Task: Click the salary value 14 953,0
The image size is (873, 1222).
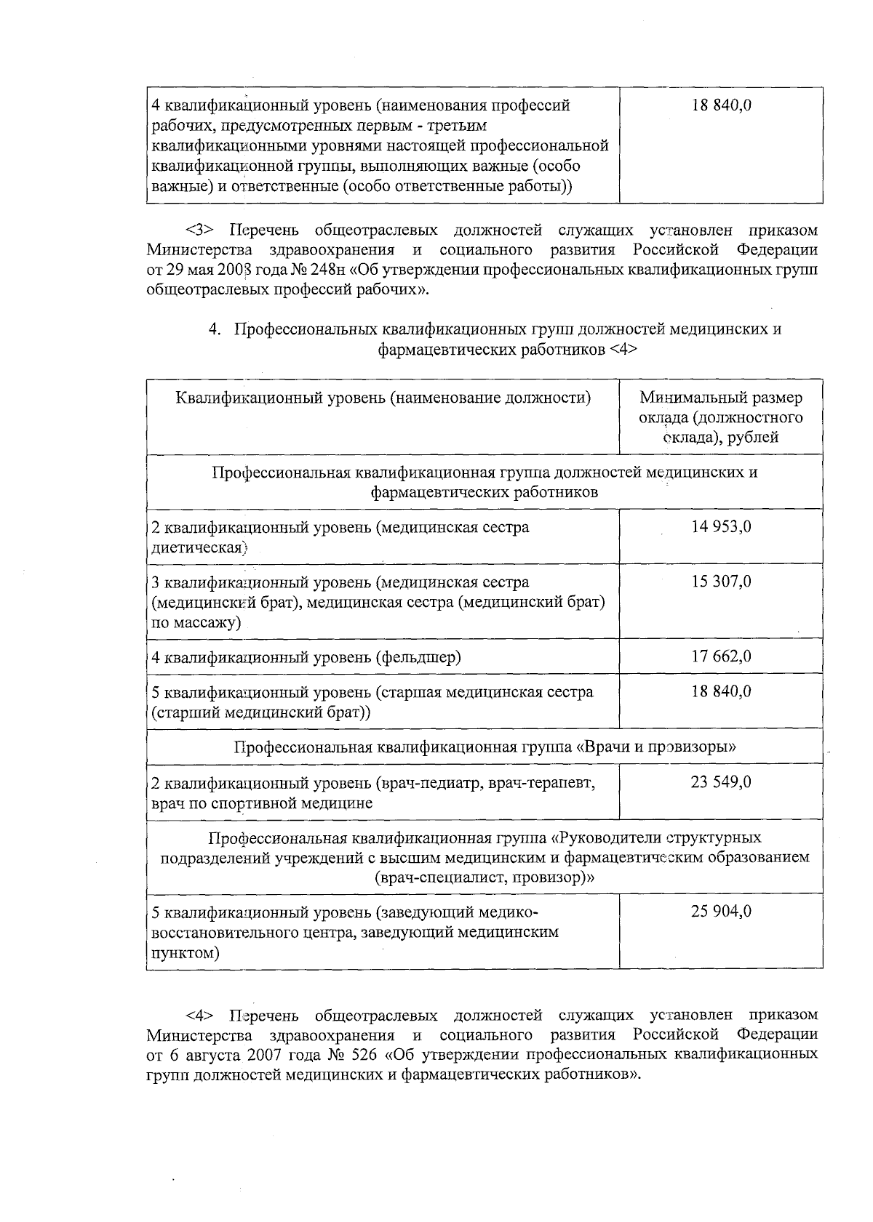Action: click(x=721, y=526)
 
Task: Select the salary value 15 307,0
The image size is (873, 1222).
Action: click(x=721, y=582)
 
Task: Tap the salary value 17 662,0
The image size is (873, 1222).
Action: click(x=721, y=656)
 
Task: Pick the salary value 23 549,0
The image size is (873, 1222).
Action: click(x=721, y=782)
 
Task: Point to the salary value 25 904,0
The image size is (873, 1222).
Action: click(x=721, y=911)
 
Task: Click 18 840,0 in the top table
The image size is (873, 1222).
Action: click(x=721, y=105)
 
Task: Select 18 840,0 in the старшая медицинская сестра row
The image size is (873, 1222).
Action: click(x=721, y=691)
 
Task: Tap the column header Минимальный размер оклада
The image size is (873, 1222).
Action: click(x=721, y=417)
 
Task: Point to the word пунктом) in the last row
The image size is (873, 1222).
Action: click(x=185, y=952)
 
